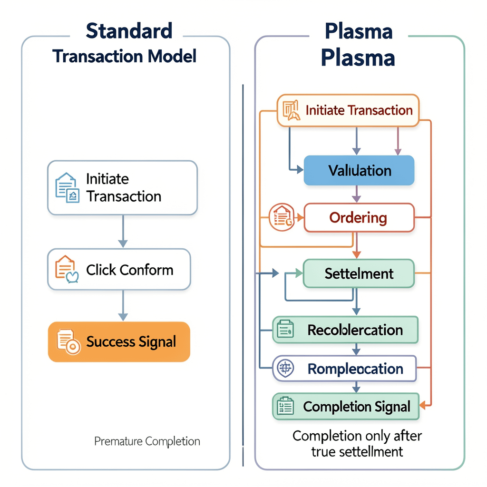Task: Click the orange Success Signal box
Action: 119,341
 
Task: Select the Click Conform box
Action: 119,270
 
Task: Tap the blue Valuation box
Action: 359,170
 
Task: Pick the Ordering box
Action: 359,218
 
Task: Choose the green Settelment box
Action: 359,273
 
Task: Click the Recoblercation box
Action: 345,330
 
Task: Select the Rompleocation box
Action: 344,368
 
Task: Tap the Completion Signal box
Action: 346,407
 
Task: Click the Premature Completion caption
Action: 147,441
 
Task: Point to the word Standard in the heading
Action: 129,31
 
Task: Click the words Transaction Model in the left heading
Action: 125,56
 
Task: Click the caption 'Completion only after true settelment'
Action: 357,443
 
